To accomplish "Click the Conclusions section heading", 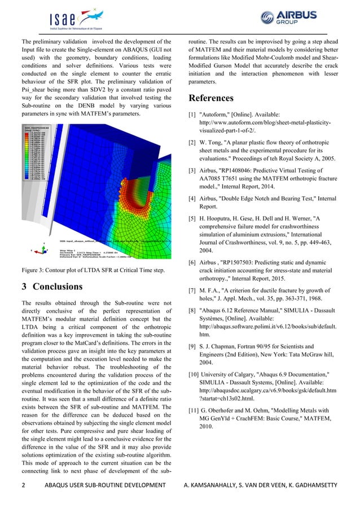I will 52,286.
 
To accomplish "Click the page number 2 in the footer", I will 23,485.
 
